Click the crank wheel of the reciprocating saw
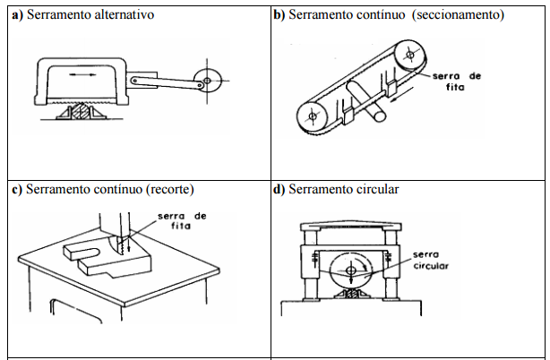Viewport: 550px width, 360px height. (209, 81)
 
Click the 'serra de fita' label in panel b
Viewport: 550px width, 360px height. (460, 81)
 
